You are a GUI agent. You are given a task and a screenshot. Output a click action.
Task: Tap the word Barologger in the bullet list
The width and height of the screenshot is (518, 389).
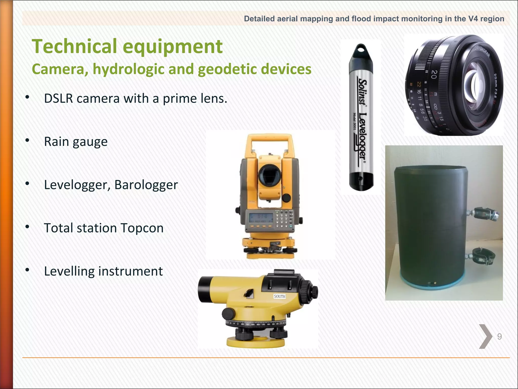146,185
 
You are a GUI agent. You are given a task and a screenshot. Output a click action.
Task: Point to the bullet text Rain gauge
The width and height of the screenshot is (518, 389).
76,142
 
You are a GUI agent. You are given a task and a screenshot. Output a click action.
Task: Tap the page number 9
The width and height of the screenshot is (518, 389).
499,337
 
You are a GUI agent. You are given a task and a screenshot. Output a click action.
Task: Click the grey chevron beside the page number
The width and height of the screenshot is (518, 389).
485,337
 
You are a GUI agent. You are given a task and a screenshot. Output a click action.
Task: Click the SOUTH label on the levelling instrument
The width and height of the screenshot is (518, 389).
279,296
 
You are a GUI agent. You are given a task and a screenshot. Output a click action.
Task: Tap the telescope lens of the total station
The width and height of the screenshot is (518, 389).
270,175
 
